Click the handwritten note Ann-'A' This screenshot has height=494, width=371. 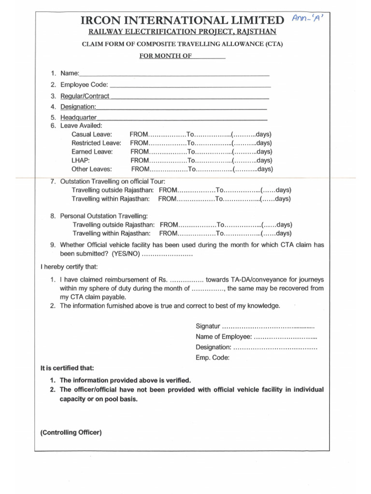pos(309,18)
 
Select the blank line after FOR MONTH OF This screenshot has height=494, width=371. pos(209,56)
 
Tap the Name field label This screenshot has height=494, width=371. pos(69,73)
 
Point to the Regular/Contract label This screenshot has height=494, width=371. pos(85,96)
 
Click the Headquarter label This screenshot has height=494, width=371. pos(78,117)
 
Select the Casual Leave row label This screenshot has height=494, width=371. pos(92,134)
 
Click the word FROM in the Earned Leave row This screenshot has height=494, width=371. pos(140,151)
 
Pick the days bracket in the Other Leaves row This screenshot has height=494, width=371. pos(253,169)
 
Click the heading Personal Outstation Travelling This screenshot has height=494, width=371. pos(104,216)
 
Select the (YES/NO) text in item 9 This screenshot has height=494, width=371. pos(126,254)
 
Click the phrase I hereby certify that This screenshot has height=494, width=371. pos(69,266)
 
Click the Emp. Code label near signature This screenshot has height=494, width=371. pos(213,357)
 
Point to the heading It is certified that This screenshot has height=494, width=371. pos(67,368)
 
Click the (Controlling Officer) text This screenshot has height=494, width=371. pos(71,433)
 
